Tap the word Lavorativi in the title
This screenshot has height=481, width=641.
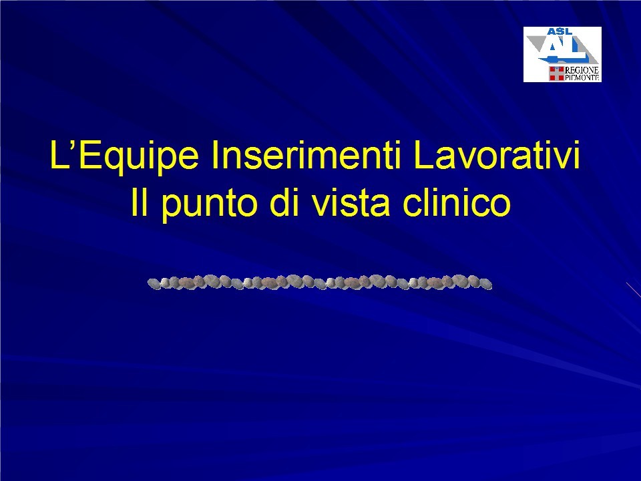(x=496, y=156)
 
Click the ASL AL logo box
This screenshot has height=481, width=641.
(x=562, y=54)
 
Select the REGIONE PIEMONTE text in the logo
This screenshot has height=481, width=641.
(x=582, y=73)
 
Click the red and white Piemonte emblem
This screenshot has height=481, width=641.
(x=556, y=73)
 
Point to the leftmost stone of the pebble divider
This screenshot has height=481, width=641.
(x=154, y=283)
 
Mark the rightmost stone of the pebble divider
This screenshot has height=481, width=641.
(x=485, y=284)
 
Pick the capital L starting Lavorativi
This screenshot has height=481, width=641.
(x=423, y=155)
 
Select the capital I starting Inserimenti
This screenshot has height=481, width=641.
(x=214, y=155)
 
